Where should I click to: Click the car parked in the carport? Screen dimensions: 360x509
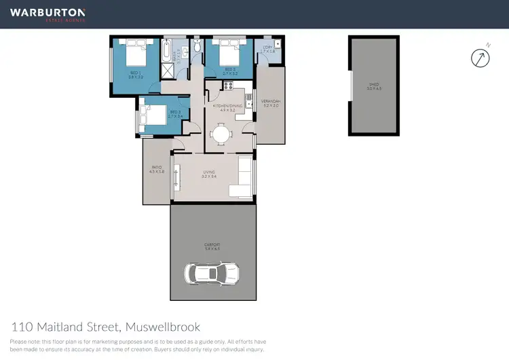click(x=212, y=274)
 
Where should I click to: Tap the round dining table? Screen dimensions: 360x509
click(x=221, y=134)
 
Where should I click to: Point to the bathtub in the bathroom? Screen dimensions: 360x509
click(x=167, y=52)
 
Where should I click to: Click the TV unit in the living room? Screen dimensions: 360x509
click(x=177, y=178)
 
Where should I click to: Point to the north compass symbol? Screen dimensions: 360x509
click(x=480, y=57)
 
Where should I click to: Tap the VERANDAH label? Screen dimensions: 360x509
click(x=270, y=103)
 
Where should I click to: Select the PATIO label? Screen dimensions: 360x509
click(x=156, y=169)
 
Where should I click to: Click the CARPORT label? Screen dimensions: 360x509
click(x=212, y=245)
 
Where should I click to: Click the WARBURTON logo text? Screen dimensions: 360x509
click(x=48, y=12)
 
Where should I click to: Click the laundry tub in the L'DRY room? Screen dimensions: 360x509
click(x=278, y=44)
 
